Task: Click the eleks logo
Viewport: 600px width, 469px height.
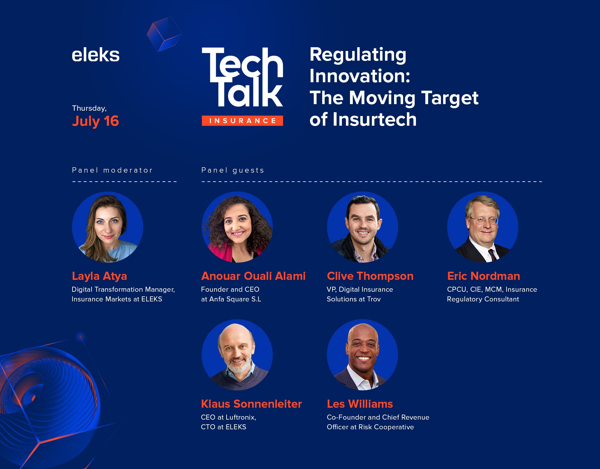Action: click(96, 55)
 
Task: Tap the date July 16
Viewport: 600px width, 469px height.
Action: click(95, 121)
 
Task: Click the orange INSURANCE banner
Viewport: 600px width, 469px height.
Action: click(242, 121)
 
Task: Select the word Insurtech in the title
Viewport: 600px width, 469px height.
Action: click(375, 119)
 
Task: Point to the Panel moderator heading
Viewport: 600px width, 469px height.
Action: click(112, 170)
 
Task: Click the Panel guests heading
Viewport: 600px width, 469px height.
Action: click(233, 170)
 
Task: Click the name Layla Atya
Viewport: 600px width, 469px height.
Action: click(99, 276)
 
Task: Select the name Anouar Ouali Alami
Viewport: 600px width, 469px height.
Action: click(253, 276)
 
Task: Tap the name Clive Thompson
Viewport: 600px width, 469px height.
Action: click(370, 276)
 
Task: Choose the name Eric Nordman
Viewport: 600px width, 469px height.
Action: click(483, 276)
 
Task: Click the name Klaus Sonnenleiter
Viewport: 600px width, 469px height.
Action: click(252, 404)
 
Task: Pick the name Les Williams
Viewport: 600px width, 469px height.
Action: click(360, 404)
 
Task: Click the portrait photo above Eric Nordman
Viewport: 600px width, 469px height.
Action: click(483, 227)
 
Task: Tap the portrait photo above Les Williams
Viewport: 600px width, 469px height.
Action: click(362, 355)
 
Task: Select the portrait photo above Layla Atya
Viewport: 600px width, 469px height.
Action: click(107, 227)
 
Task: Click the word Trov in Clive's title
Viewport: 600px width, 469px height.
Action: click(374, 299)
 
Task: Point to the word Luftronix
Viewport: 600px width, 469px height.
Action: click(241, 417)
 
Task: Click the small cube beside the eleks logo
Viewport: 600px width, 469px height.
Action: click(164, 34)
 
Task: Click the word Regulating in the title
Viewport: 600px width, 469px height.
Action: click(358, 55)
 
